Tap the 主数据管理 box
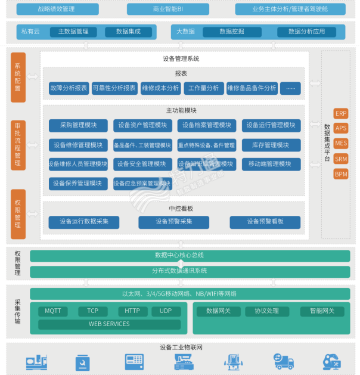73,32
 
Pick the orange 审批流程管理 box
18,144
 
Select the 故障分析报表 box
69,88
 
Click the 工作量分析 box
204,88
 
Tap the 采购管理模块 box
78,125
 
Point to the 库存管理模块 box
271,145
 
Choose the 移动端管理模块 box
271,164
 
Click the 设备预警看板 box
265,222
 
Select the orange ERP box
341,113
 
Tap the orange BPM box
341,174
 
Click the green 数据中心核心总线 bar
179,255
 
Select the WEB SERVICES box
109,324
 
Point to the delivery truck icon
283,361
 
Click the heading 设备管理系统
181,58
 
